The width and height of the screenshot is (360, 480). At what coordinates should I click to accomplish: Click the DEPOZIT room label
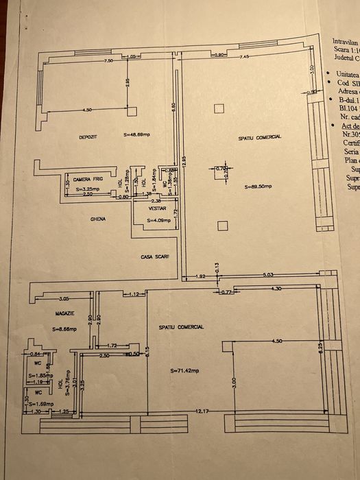pos(87,137)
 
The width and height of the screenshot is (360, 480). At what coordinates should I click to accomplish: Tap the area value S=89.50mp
pos(258,187)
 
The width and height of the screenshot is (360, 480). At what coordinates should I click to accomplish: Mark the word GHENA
pos(97,220)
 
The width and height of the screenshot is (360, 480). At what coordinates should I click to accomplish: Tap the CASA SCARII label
pos(156,256)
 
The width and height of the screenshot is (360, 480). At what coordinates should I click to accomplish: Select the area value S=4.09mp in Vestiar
pos(155,221)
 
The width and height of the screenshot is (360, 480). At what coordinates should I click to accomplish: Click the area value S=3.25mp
pos(88,189)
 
